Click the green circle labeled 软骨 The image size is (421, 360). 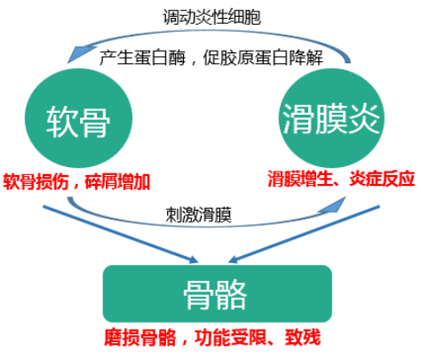tap(78, 118)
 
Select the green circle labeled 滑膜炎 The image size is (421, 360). tap(331, 118)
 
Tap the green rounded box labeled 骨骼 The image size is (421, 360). tap(218, 293)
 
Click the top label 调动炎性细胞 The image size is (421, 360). tap(212, 17)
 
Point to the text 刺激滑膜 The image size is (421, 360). tap(199, 214)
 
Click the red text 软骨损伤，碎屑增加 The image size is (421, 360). tap(76, 181)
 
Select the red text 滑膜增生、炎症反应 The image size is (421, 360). tap(341, 179)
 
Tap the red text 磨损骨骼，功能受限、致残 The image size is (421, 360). tap(212, 337)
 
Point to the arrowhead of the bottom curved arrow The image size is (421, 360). tap(333, 206)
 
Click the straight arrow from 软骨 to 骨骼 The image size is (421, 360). tap(121, 235)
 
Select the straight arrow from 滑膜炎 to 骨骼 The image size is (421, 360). tap(304, 234)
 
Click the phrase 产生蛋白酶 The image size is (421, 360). tap(142, 58)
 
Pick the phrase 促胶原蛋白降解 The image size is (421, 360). tap(263, 58)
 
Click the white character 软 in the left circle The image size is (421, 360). tap(61, 122)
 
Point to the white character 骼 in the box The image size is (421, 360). tap(231, 295)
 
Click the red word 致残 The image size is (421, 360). tap(303, 337)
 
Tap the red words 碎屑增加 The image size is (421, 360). tap(117, 181)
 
